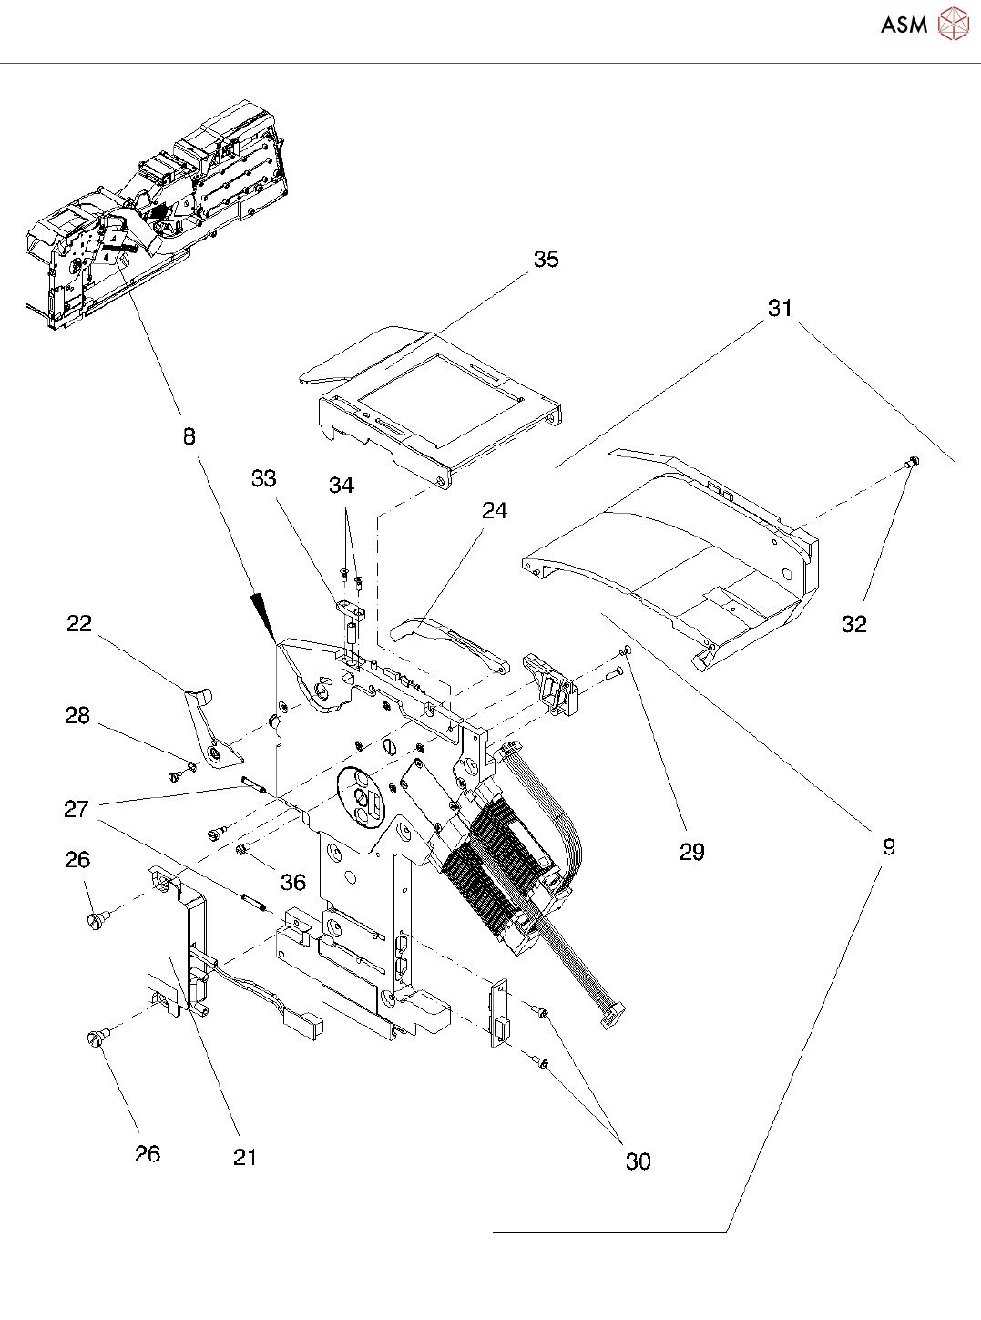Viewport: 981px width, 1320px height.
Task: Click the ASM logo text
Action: [904, 25]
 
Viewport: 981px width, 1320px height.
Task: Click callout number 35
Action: [546, 260]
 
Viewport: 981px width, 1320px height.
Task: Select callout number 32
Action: [853, 624]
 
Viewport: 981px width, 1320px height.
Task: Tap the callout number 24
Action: [494, 511]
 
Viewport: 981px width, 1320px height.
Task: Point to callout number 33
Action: [264, 479]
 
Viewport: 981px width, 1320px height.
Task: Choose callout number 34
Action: [342, 486]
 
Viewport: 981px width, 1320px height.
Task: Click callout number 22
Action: [79, 623]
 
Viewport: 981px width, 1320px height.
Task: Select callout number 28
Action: [77, 716]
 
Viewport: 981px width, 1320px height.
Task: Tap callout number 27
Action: [77, 809]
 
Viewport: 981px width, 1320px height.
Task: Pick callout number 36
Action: [293, 882]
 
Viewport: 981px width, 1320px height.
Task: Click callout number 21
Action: [245, 1158]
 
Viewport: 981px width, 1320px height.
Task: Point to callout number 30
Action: [638, 1161]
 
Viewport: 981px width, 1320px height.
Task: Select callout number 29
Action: [692, 852]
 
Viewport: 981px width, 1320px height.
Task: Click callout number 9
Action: [889, 847]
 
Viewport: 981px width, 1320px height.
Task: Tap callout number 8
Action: [189, 437]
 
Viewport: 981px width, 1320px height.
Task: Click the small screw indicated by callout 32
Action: [910, 465]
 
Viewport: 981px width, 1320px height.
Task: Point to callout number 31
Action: [780, 309]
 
